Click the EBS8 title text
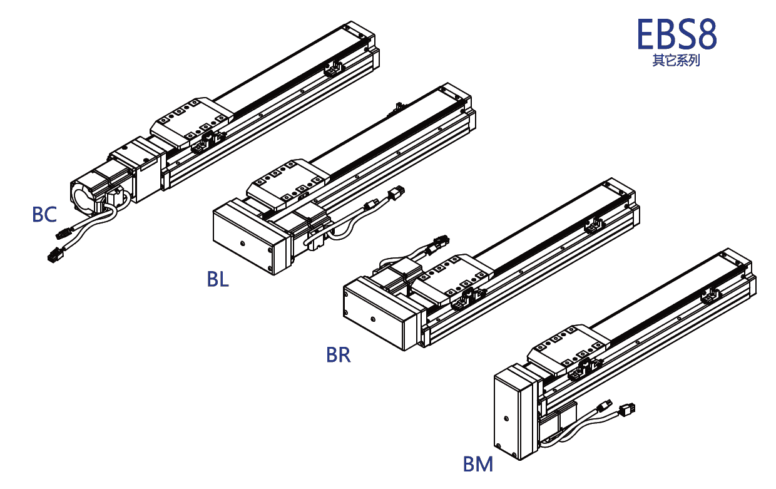pos(676,34)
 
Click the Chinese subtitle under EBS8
pos(676,61)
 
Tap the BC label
pos(44,215)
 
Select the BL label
pos(218,279)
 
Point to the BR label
pos(338,355)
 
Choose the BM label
pos(478,465)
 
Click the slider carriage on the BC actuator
pos(191,119)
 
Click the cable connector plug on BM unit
pos(626,410)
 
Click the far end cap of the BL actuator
pos(457,97)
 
